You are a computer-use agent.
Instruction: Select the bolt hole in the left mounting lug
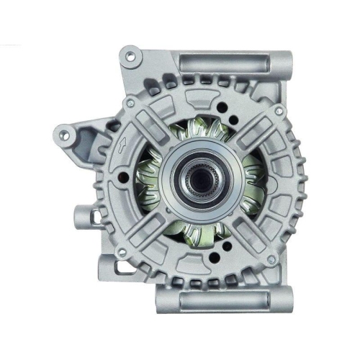pyautogui.click(x=65, y=133)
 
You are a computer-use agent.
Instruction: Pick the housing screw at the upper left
pyautogui.click(x=130, y=104)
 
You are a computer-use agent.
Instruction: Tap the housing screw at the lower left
pyautogui.click(x=121, y=251)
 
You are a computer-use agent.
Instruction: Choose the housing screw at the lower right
pyautogui.click(x=271, y=258)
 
